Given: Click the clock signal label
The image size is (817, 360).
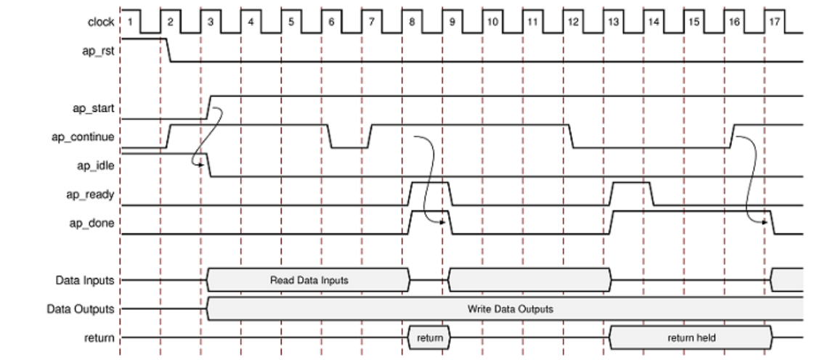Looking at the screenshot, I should pyautogui.click(x=101, y=22).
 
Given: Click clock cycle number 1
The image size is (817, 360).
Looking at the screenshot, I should pyautogui.click(x=130, y=22).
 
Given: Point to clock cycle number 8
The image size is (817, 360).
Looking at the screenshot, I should pyautogui.click(x=412, y=22).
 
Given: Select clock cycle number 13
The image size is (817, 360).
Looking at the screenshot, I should pyautogui.click(x=613, y=22).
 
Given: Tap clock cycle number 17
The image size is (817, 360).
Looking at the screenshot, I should pyautogui.click(x=774, y=22).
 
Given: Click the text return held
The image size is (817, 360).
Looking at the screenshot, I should pyautogui.click(x=690, y=337).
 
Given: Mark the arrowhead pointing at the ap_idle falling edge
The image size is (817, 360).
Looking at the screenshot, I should pyautogui.click(x=199, y=166).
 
